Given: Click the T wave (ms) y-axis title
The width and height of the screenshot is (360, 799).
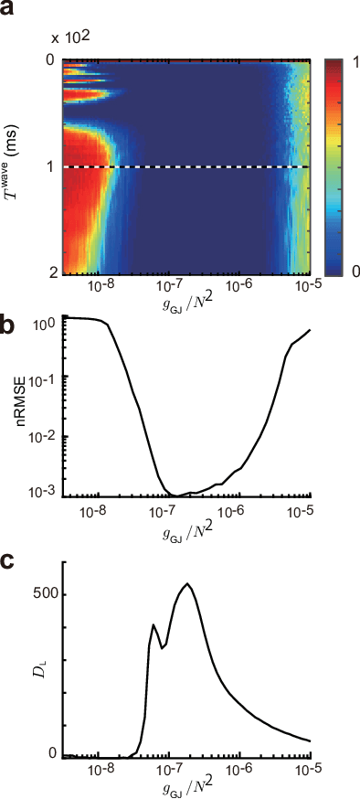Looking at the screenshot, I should tap(20, 167).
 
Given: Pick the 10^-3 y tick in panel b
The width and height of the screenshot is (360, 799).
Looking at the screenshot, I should tap(45, 492).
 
